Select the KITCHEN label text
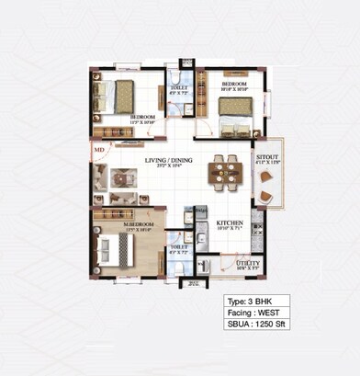tap(229, 222)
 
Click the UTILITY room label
tap(248, 263)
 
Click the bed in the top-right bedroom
tap(236, 113)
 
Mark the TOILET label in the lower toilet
tap(179, 246)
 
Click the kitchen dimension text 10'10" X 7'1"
tap(229, 230)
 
